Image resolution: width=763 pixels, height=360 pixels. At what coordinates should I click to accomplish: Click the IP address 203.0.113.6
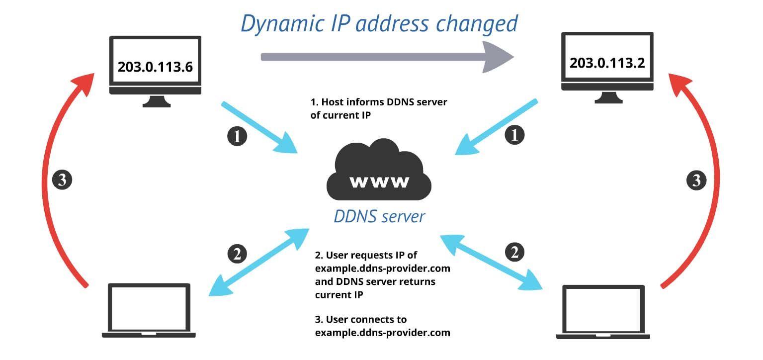[155, 67]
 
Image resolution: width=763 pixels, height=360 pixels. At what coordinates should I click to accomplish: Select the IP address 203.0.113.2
[606, 63]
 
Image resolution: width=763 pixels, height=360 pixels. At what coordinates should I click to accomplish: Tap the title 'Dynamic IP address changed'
[379, 23]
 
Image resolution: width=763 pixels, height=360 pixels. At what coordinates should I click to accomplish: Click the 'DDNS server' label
[379, 216]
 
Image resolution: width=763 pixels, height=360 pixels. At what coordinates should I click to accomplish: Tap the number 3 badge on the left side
[62, 180]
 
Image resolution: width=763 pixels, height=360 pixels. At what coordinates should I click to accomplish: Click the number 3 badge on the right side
[696, 180]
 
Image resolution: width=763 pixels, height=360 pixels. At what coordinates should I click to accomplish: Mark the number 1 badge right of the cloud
[514, 135]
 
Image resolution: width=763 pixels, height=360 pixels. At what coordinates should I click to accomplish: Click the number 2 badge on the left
[237, 254]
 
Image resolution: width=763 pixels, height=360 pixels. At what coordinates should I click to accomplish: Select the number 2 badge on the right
[514, 253]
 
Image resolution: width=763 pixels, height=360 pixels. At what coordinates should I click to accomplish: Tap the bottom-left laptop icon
[149, 310]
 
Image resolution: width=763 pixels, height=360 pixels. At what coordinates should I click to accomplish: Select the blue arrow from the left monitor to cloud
[258, 127]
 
